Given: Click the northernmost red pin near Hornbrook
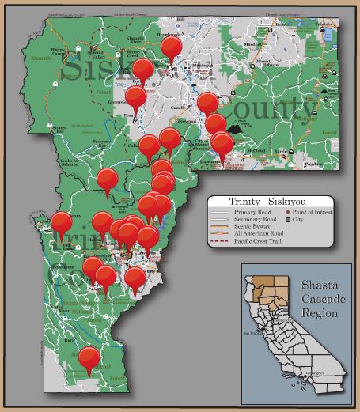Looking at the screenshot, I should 171,47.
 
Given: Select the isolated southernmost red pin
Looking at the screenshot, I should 89,358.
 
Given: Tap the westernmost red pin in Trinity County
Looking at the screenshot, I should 60,223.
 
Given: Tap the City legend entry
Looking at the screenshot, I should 300,219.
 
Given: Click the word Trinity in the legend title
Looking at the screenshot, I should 243,202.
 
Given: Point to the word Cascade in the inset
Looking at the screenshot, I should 320,297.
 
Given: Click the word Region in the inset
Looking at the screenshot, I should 319,312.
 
